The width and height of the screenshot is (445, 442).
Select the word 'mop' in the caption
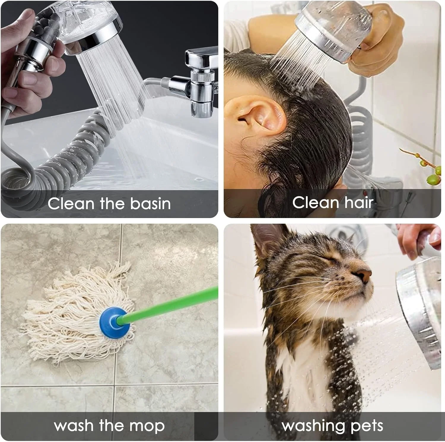tap(147, 426)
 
